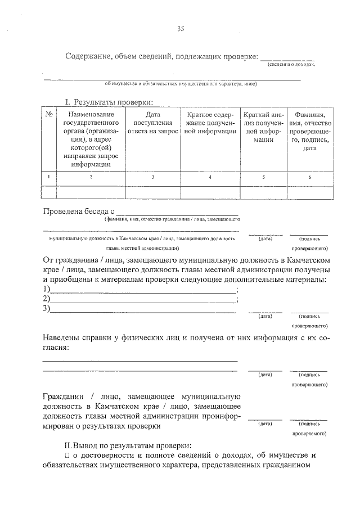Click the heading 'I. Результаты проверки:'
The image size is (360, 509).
109,102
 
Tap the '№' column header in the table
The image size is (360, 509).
49,114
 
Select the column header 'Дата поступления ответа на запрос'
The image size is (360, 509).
153,123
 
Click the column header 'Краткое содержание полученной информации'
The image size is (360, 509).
210,123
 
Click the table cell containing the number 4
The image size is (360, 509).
210,177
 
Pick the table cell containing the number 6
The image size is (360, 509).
310,177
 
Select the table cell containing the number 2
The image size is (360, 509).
91,177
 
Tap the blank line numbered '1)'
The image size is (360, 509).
143,290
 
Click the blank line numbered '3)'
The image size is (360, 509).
143,309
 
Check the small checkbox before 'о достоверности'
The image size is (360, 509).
67,455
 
